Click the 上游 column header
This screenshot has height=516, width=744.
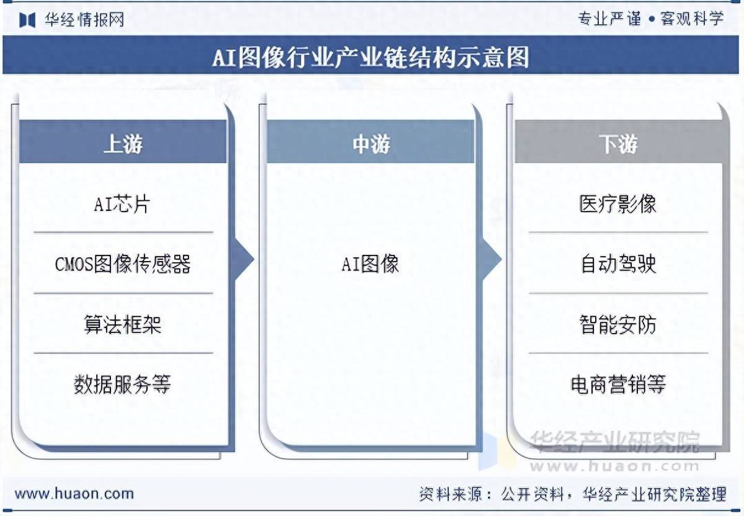coord(123,144)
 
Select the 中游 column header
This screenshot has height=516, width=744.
coord(371,144)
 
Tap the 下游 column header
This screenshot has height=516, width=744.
coord(618,144)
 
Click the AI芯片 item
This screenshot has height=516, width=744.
coord(122,203)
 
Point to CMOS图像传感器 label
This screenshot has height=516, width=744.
coord(123,264)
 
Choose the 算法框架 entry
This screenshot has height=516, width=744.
coord(123,324)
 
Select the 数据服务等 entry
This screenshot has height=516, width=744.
coord(122,384)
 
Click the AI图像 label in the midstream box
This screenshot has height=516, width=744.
coord(370,264)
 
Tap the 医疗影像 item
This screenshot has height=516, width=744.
coord(618,203)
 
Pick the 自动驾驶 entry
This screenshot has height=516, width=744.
coord(619,264)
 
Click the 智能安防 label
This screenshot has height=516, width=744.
coord(618,324)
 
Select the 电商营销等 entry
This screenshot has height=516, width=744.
coord(618,384)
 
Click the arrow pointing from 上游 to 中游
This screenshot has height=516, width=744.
coord(244,259)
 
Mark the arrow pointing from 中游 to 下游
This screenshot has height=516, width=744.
coord(492,259)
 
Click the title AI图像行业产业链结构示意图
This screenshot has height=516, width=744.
coord(371,57)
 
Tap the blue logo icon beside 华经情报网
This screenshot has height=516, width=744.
coord(27,20)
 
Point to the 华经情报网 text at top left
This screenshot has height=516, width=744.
coord(85,20)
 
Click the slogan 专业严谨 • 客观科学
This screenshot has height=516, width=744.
coord(650,19)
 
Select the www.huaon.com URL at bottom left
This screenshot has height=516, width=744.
coord(74,494)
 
